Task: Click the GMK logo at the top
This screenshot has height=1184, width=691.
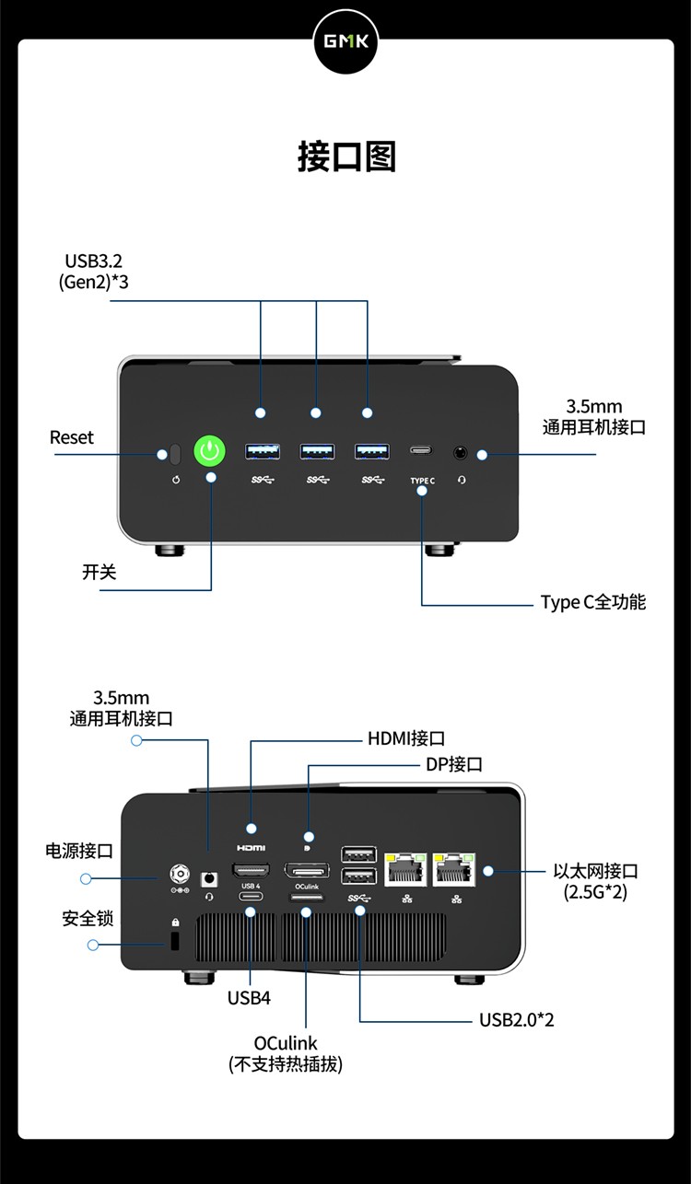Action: (x=345, y=41)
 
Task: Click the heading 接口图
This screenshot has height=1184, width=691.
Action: (x=346, y=157)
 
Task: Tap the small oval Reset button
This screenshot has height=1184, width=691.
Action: (x=175, y=453)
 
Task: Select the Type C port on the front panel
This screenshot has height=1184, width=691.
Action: (x=422, y=452)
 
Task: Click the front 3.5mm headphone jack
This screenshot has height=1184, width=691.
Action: (x=461, y=452)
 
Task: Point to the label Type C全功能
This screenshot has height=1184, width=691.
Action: (x=592, y=602)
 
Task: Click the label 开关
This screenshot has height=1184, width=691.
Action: (x=100, y=572)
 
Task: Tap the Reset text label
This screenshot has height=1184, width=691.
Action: (x=72, y=437)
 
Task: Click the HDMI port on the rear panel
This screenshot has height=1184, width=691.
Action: (x=252, y=869)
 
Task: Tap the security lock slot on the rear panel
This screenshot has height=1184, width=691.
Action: (x=175, y=941)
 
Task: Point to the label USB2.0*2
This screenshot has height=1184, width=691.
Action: (x=516, y=1020)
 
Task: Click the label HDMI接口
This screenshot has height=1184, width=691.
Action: (x=406, y=738)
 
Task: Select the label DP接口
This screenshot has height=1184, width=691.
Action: (x=453, y=764)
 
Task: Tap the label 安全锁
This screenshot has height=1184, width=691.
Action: (x=88, y=918)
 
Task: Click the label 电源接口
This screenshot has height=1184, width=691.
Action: (x=79, y=851)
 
